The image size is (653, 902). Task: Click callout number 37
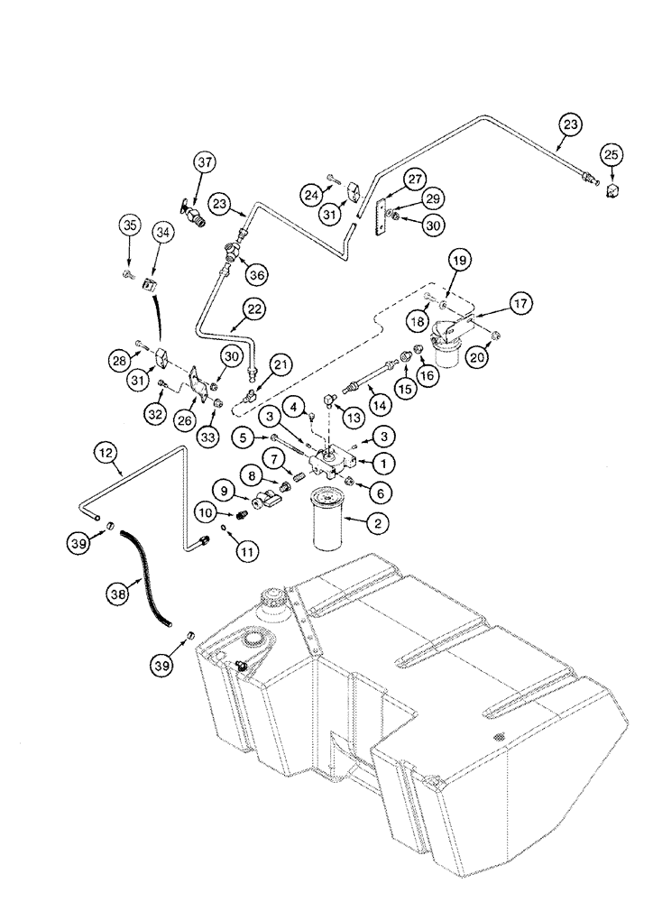click(x=203, y=162)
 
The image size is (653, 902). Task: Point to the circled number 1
click(x=382, y=462)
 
